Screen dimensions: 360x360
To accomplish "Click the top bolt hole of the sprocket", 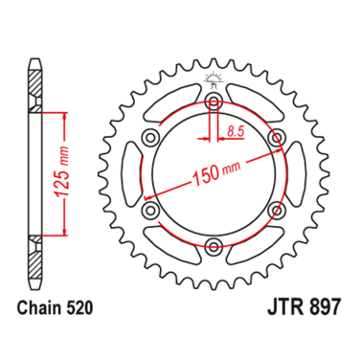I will point(213,101).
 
